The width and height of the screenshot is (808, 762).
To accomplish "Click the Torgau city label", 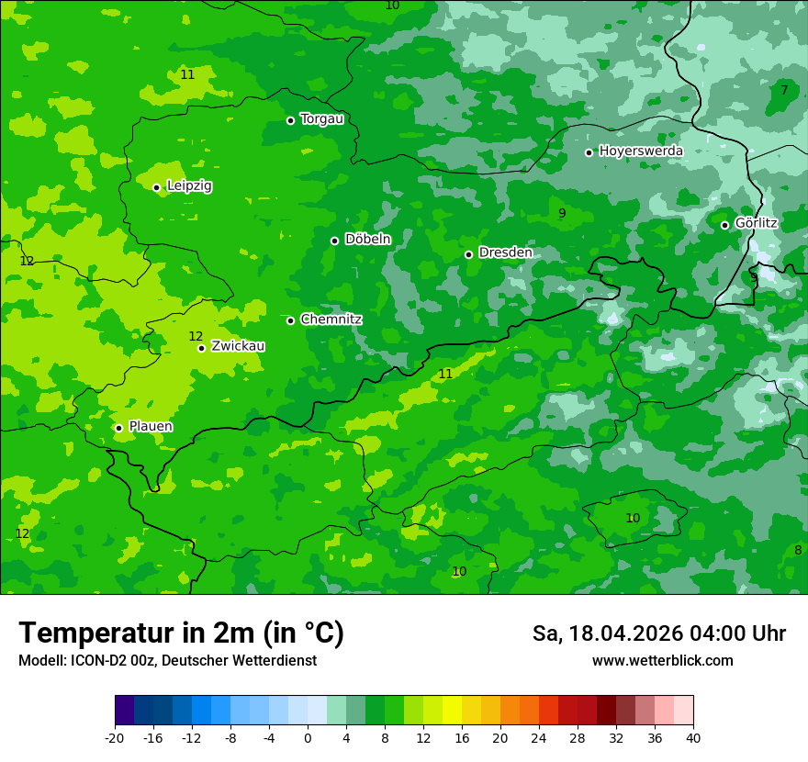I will [321, 119].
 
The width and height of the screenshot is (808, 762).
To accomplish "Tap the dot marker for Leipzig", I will [156, 187].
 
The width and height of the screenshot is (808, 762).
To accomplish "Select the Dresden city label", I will [505, 252].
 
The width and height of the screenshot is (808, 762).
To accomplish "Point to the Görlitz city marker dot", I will [724, 225].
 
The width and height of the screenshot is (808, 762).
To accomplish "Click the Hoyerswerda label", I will [641, 151].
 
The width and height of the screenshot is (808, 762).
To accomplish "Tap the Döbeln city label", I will [367, 240].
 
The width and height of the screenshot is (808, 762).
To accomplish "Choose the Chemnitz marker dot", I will [290, 320].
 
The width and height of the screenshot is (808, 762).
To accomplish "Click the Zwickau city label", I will [238, 346].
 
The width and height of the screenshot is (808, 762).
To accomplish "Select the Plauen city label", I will [151, 427].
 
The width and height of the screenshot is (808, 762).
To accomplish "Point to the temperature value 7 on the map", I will [784, 90].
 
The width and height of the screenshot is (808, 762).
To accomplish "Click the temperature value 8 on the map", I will [798, 550].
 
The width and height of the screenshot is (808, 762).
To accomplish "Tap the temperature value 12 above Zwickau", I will [196, 336].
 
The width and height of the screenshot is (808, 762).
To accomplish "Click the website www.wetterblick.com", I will [662, 661].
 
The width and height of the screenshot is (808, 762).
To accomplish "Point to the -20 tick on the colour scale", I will [115, 737].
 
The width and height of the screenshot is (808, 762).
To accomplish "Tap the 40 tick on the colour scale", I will [692, 737].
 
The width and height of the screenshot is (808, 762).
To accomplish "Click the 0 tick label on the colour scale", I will [308, 737].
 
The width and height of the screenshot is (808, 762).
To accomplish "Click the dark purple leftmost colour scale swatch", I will [124, 711].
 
